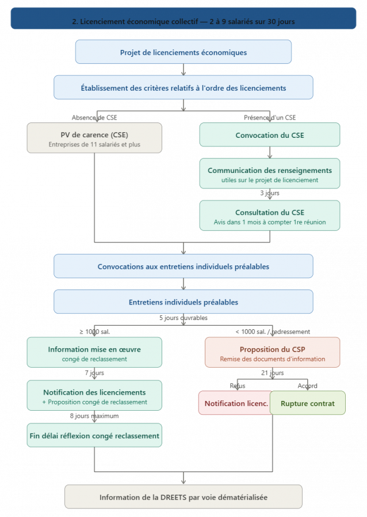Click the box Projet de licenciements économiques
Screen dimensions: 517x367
[x=183, y=52]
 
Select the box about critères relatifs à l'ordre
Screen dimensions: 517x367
[x=183, y=87]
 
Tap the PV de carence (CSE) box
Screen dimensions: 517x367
[x=94, y=138]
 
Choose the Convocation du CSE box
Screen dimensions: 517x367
[x=270, y=136]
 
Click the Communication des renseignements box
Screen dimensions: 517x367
[x=270, y=174]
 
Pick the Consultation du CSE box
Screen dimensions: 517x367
[x=270, y=215]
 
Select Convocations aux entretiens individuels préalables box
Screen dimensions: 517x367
[x=183, y=266]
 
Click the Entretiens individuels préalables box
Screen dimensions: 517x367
[x=183, y=302]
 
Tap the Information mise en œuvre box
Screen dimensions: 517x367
[x=94, y=352]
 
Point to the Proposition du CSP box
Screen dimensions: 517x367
[x=273, y=352]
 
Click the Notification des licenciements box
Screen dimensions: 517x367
[x=94, y=396]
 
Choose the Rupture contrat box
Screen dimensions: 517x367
[x=308, y=403]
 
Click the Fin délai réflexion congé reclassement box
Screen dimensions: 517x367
[x=94, y=435]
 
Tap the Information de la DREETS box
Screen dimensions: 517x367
[x=183, y=497]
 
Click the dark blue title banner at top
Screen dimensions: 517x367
[x=183, y=18]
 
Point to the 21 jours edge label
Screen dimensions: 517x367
[x=272, y=373]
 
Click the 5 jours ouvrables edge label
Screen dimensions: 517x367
[x=183, y=318]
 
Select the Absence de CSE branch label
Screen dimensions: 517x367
[x=94, y=117]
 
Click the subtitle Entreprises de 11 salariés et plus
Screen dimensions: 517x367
[x=94, y=145]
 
